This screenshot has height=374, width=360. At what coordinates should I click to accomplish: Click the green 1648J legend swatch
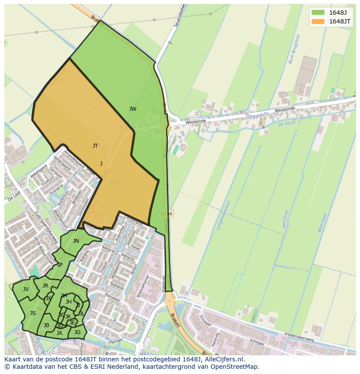point(318,12)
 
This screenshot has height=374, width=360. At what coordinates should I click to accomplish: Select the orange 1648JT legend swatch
point(318,21)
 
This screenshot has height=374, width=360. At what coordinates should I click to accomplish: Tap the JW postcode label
point(133,109)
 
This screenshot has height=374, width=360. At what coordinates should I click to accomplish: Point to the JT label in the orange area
point(95,146)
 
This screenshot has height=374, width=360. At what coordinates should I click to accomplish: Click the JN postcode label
point(76,241)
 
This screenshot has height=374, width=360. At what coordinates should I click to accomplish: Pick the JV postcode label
point(26,289)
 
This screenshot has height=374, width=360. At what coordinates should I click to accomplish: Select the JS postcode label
point(33,313)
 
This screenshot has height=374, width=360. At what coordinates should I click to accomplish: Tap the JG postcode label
point(77,332)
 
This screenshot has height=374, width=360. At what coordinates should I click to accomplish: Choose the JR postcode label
point(45,285)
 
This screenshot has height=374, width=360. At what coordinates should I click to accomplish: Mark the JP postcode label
point(60,265)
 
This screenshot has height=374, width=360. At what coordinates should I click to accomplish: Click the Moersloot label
point(322,222)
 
